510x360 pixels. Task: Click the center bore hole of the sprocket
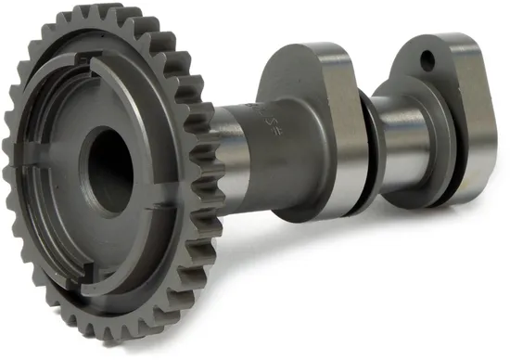click(110, 167)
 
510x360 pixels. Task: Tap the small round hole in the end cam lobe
click(427, 62)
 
